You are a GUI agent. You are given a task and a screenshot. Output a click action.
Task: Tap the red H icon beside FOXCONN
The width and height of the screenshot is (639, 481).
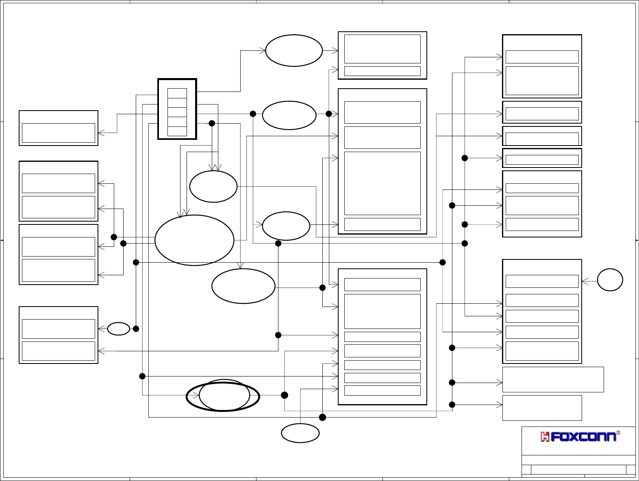pos(545,437)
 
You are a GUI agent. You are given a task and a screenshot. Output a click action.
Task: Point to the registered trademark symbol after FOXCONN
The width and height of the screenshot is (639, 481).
pos(618,433)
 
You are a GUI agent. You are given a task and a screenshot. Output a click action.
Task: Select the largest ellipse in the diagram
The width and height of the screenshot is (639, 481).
pos(194,240)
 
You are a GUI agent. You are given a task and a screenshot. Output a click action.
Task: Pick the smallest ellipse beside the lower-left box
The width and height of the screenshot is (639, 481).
pos(118,329)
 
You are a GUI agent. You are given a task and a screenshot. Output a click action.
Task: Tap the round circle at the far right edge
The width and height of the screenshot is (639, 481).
pos(610,280)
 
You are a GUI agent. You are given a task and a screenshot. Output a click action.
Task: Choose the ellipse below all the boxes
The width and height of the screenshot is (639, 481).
pos(300,433)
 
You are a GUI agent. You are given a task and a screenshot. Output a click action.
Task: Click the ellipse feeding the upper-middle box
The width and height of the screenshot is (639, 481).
pos(294,50)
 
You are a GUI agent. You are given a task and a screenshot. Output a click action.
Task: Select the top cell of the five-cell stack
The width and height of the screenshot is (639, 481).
pos(177,93)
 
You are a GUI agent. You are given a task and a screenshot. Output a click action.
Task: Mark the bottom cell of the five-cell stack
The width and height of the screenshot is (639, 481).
pos(177,131)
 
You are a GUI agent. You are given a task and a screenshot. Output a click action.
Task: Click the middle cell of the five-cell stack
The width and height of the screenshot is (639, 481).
pos(177,112)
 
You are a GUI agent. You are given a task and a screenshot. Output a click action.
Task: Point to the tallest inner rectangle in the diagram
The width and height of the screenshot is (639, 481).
pos(382,183)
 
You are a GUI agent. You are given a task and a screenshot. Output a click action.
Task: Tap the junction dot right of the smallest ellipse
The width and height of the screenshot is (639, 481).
pos(136,329)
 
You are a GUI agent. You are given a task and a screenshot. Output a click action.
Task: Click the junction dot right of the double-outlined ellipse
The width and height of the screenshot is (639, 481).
pos(285,395)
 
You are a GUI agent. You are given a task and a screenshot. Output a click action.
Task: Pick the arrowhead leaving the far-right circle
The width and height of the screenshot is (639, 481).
pos(585,281)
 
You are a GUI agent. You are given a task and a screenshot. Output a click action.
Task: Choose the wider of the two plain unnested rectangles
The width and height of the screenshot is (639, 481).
pos(553,379)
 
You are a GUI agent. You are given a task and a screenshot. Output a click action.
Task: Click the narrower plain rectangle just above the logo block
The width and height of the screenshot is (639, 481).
pos(542,408)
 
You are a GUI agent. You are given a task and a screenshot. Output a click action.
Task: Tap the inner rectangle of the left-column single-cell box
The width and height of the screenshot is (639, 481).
pos(58,133)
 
